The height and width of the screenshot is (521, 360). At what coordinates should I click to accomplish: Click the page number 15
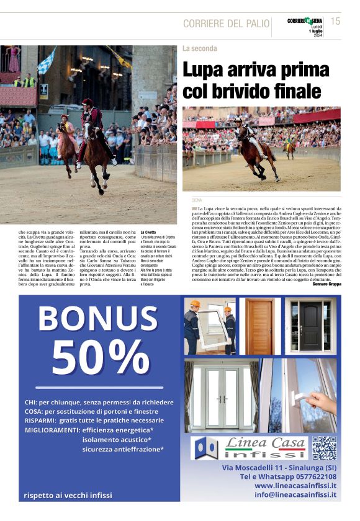click(335, 21)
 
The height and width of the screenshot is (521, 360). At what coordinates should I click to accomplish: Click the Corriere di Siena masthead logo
click(305, 21)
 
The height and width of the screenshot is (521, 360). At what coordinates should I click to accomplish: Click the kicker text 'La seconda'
click(199, 48)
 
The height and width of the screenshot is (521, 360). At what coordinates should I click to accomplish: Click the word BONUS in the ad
click(99, 318)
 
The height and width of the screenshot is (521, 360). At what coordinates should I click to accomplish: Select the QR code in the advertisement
click(323, 448)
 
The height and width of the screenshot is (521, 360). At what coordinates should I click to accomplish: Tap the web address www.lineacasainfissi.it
click(295, 486)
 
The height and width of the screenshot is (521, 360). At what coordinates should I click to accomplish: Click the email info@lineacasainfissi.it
click(295, 495)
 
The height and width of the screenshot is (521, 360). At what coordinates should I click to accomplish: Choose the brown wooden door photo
click(259, 325)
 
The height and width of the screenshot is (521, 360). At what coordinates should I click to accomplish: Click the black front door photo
click(310, 325)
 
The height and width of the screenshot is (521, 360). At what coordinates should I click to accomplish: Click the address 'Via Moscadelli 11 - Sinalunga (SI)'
click(279, 466)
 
